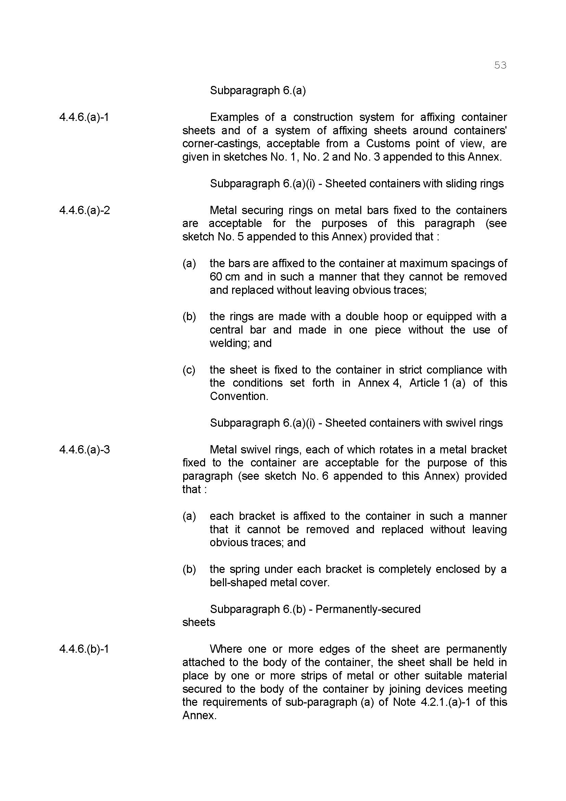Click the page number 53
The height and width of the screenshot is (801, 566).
[500, 65]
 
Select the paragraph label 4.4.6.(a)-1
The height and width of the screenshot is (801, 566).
[84, 117]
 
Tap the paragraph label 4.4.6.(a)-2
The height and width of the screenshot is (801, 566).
[84, 210]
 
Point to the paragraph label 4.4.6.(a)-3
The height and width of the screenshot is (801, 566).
[84, 450]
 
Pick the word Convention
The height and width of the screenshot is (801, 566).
[239, 396]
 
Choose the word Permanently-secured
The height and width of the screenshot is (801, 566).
[368, 609]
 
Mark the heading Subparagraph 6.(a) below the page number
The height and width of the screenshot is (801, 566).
[258, 91]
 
